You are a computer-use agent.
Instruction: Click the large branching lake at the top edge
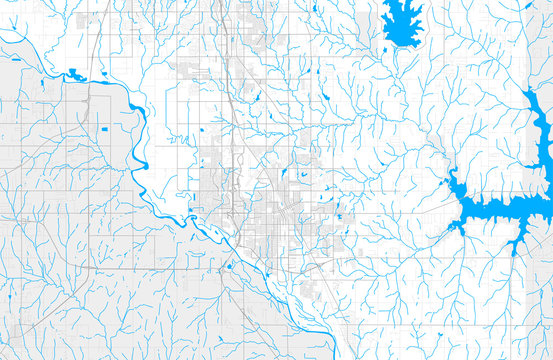pos(402,22)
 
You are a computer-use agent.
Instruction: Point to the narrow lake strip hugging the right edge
pos(542,130)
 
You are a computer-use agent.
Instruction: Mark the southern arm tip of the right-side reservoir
pos(516,246)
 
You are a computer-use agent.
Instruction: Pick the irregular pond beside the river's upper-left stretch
pos(76,74)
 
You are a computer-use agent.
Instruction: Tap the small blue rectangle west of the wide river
pos(103,130)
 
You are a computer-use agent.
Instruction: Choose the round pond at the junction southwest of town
pos(230,266)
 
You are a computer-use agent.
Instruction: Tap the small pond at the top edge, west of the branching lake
pos(314,8)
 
